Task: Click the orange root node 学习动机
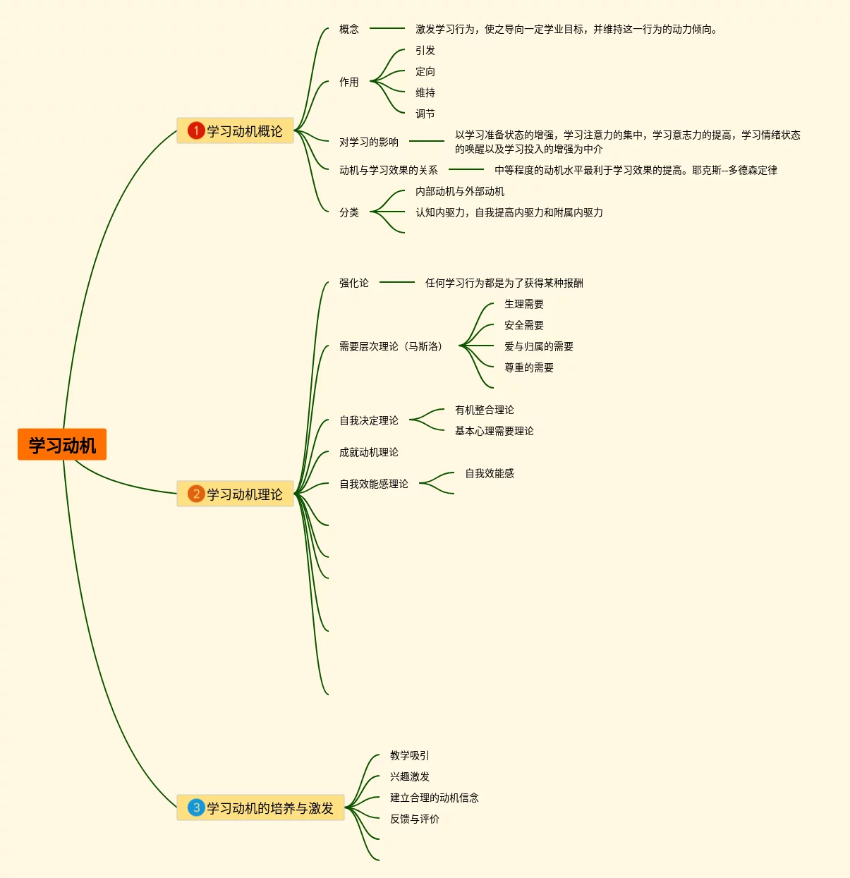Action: pos(62,445)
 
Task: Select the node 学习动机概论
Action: pos(244,131)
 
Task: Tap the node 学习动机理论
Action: pos(244,494)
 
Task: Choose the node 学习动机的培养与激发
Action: pos(269,808)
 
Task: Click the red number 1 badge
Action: pos(195,131)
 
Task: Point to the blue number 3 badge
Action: pos(195,808)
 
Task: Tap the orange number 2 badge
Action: pos(195,494)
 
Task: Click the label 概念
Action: pos(349,29)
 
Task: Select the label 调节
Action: pos(425,114)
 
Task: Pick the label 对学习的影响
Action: pos(369,142)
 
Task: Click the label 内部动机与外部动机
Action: pos(460,191)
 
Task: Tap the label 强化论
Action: pos(354,283)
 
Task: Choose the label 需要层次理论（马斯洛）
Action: pos(391,346)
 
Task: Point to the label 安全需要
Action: pos(524,325)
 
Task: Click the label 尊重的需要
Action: pos(529,367)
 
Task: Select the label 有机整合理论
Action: pos(485,410)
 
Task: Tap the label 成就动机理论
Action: pos(369,452)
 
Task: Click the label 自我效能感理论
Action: pos(374,484)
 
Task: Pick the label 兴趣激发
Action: pos(410,776)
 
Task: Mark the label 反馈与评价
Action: pos(415,819)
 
